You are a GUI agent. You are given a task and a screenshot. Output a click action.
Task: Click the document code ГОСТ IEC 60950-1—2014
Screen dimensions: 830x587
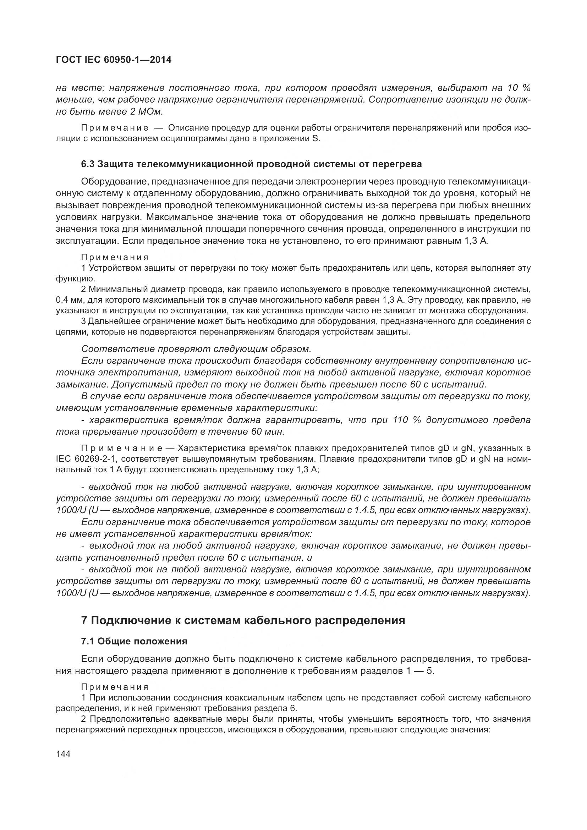pyautogui.click(x=114, y=60)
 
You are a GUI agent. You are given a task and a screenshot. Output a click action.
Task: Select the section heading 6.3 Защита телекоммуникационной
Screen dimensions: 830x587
pyautogui.click(x=252, y=164)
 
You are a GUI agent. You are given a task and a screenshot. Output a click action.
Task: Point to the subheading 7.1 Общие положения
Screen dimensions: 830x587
pyautogui.click(x=134, y=641)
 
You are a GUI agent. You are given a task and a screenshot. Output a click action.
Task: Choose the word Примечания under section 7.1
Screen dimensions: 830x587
pyautogui.click(x=115, y=687)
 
